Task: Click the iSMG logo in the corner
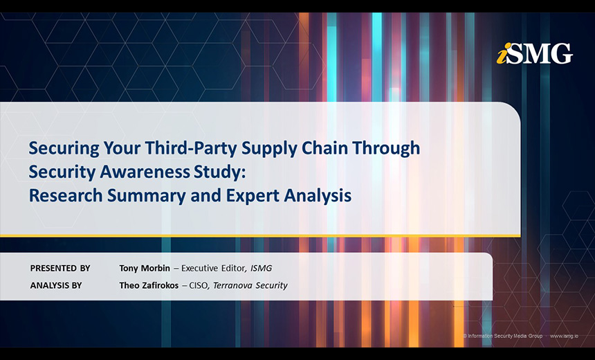[x=534, y=53]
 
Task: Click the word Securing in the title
[x=62, y=148]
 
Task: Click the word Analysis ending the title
[x=318, y=196]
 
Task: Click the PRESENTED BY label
[x=60, y=268]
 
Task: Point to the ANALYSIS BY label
[x=56, y=285]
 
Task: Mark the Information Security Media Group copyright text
[x=503, y=336]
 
